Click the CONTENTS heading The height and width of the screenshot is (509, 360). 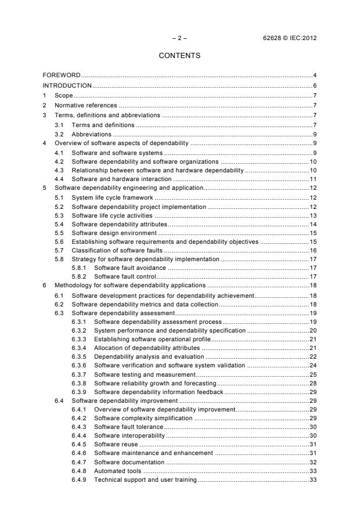179,56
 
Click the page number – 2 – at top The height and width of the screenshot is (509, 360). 179,39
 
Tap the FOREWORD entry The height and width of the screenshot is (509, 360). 62,75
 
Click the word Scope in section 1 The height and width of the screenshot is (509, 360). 63,95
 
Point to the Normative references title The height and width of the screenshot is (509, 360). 86,105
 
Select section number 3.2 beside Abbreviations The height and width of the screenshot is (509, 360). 59,134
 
